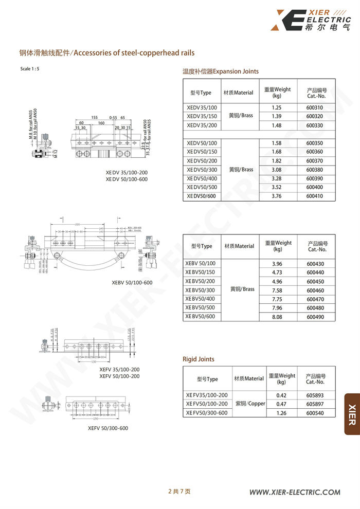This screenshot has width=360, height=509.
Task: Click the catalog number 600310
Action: coord(314,107)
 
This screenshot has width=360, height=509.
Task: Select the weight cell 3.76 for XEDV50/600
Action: coord(276,196)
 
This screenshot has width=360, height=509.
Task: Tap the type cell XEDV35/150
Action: coord(202,117)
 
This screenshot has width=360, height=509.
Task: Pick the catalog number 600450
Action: coord(315,281)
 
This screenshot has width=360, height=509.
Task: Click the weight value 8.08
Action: coord(277,317)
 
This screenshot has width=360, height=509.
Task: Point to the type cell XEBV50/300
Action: coord(200,290)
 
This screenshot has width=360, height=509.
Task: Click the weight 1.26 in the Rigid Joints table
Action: coord(281,413)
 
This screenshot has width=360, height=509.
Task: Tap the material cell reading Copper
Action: coord(249,404)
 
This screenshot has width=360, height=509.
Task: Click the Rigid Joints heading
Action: coord(199,359)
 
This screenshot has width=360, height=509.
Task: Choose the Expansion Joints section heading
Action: coord(221,71)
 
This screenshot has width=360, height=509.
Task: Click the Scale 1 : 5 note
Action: coord(30,69)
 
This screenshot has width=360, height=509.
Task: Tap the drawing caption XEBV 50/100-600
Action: coord(132,283)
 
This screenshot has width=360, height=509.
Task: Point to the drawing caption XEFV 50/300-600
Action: coord(108,428)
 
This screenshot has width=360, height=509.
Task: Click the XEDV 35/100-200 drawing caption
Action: coord(127,173)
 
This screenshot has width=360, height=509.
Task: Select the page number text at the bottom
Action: coord(179,492)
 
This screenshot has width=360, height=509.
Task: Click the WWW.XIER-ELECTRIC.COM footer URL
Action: coord(295,492)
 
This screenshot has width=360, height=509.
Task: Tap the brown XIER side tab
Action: coord(352,414)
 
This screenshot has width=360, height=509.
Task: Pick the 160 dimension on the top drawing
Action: coord(101,123)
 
